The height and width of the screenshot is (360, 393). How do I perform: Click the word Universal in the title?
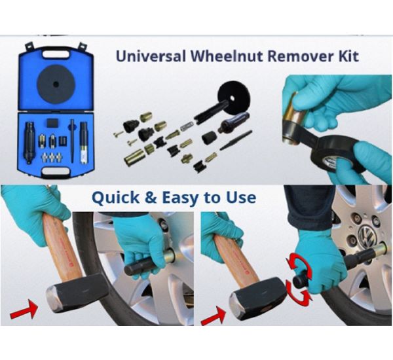(151, 56)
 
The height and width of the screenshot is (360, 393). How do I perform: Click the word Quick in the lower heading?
(115, 198)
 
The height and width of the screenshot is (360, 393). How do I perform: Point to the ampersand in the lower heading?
(151, 198)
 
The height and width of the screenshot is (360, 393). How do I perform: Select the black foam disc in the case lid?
(56, 84)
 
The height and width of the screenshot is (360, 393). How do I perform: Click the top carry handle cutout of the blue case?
(56, 54)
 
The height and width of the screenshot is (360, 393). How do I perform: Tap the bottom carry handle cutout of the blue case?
(56, 171)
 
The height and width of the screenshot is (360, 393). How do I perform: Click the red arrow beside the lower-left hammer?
(24, 309)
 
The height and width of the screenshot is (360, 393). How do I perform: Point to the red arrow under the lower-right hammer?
(214, 316)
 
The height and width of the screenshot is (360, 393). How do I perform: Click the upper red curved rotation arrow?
(299, 266)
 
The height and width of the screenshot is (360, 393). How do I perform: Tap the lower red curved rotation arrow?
(299, 296)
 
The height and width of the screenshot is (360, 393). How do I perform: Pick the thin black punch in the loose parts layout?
(236, 140)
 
